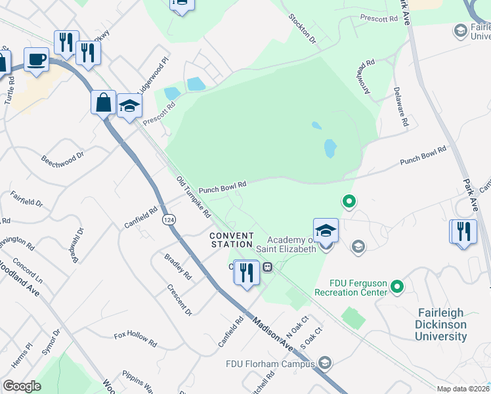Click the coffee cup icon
pos(37,59)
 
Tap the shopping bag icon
pos(103,102)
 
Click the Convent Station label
pos(231,240)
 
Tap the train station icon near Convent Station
pos(267,267)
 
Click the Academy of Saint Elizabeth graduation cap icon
pos(326,230)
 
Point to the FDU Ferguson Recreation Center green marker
pos(396,286)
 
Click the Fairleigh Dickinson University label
pos(440,325)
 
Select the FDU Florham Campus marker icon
pos(324,362)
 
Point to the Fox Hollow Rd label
pos(135,339)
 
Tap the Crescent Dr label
pos(179,299)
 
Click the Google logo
pos(22,386)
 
